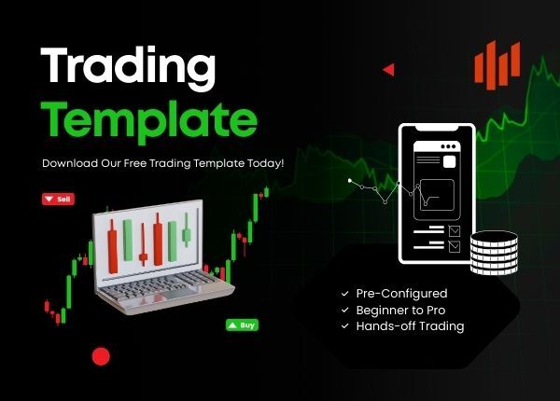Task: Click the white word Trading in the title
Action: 128,68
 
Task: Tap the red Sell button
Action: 58,199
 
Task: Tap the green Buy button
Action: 242,325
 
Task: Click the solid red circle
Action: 101,356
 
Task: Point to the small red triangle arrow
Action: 389,70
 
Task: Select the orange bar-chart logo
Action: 497,65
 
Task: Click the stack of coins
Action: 494,253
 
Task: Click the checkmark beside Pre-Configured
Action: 344,294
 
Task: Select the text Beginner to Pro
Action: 400,310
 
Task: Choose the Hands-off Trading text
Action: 410,326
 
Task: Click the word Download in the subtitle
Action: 70,163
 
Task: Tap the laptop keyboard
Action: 157,285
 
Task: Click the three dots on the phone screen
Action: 448,146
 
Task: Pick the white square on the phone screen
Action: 449,161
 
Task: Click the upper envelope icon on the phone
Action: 455,231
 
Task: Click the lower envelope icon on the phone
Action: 455,246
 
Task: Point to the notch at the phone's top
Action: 437,128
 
